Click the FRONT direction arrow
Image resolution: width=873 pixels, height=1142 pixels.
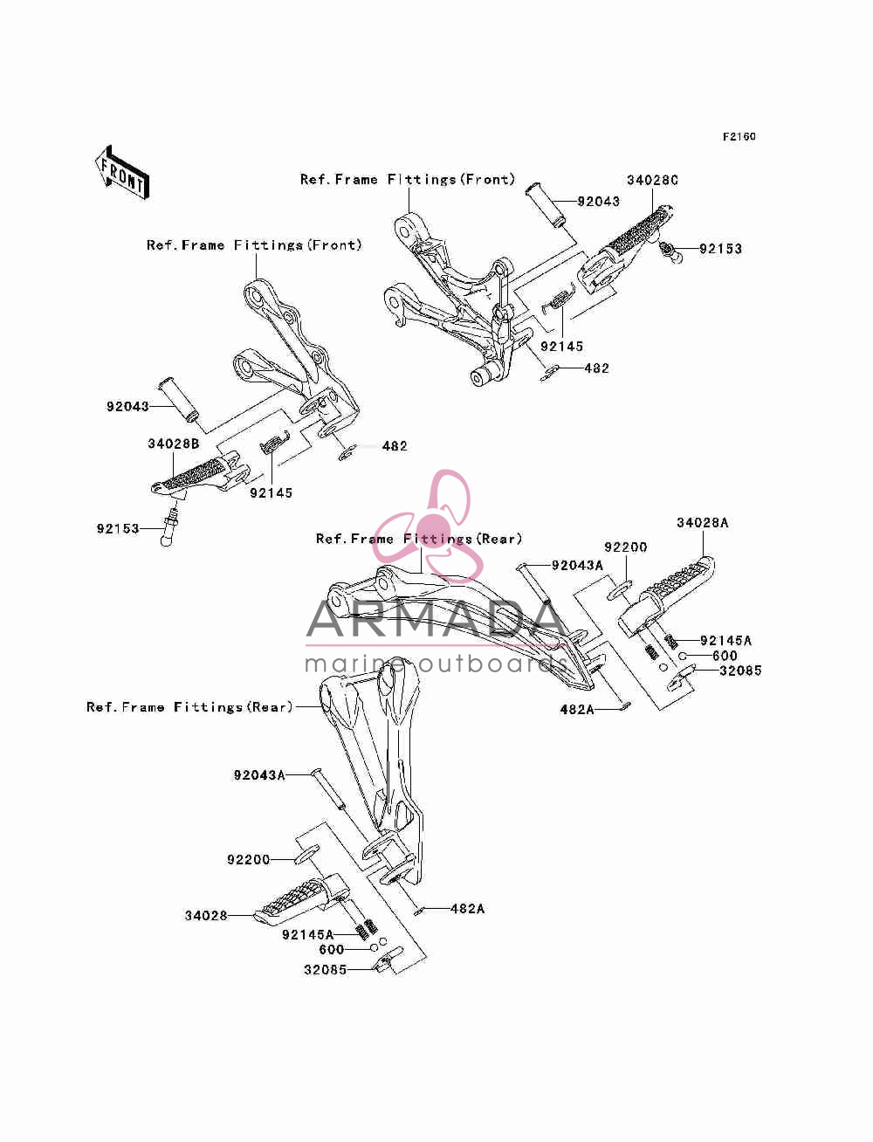coord(122,173)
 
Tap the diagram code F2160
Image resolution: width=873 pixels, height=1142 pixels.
coord(739,137)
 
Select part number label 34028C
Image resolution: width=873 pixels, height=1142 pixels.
coord(652,180)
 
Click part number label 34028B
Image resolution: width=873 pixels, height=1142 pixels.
coord(173,444)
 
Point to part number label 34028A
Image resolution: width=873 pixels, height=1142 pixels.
coord(703,523)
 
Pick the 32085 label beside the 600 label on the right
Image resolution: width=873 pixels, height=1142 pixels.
coord(740,671)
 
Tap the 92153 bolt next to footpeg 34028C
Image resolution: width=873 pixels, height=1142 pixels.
coord(670,251)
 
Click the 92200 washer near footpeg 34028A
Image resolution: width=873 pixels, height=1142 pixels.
coord(620,590)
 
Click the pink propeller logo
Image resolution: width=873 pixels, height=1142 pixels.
coord(431,525)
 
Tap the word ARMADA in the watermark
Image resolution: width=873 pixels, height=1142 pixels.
coord(436,619)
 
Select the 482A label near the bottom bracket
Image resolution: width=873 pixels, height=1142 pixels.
coord(467,909)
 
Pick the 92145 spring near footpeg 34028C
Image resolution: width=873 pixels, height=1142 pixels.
coord(558,299)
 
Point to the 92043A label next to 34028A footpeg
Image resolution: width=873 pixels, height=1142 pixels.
coord(578,566)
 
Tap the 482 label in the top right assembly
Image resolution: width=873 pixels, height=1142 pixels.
coord(597,368)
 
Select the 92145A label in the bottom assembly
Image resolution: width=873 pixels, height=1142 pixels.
coord(308,935)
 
